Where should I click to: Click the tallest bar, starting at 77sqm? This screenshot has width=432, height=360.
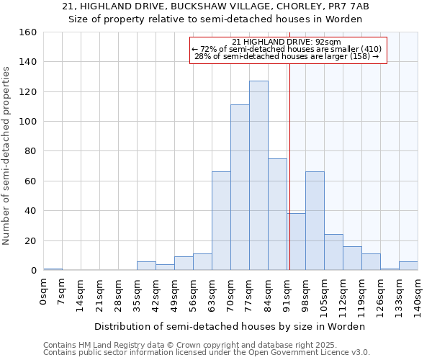click(258, 176)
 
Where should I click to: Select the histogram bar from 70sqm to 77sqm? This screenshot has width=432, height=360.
click(240, 187)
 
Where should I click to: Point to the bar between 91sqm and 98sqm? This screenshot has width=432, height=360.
click(296, 242)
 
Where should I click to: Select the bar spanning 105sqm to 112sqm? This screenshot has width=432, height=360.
click(333, 252)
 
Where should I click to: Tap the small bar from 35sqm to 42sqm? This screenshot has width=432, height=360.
click(146, 266)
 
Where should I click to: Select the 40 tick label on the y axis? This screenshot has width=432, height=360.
click(31, 211)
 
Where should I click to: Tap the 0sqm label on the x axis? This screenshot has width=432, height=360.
click(44, 295)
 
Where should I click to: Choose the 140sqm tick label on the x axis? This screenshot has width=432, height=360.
click(418, 299)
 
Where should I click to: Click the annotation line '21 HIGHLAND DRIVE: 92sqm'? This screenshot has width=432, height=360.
click(287, 42)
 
